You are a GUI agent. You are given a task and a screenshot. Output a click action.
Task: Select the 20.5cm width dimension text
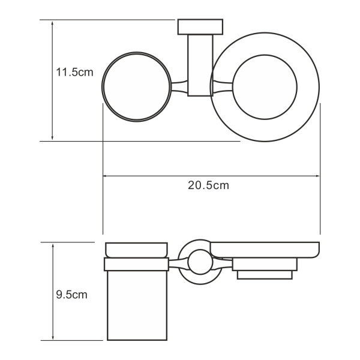[208, 185]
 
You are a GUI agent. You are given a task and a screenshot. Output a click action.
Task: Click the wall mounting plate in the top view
[200, 28]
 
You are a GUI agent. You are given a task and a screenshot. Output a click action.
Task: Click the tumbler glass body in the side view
[136, 303]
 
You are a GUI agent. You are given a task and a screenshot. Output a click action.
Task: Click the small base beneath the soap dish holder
[264, 275]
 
